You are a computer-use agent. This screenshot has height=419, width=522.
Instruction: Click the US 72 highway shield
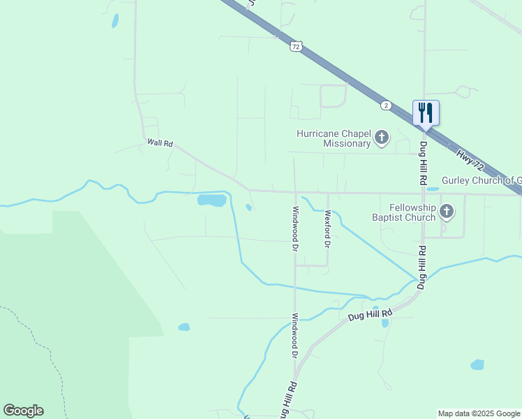[x=296, y=46]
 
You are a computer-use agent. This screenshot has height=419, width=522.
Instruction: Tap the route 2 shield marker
[x=386, y=105]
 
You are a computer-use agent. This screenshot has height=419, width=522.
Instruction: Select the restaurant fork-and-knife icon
[x=426, y=112]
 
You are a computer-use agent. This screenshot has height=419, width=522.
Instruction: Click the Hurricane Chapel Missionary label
[x=333, y=138]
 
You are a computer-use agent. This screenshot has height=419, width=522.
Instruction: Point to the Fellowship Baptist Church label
[x=403, y=212]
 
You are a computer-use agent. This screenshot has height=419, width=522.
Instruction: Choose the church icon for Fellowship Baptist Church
[x=447, y=211]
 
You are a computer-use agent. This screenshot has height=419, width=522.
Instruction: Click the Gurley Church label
[x=481, y=180]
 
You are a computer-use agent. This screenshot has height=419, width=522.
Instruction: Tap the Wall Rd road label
[x=160, y=142]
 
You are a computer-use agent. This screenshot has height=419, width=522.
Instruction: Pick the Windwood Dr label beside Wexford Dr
[x=295, y=229]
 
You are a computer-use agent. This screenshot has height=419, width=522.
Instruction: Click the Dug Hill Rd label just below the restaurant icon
[x=423, y=162]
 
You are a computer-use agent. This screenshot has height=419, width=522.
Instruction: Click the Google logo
[x=23, y=411]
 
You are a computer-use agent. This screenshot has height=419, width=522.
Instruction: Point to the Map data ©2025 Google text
[x=478, y=413]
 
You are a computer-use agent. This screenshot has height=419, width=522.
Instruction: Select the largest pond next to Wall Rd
[x=211, y=200]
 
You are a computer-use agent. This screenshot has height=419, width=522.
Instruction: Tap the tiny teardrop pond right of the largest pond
[x=248, y=207]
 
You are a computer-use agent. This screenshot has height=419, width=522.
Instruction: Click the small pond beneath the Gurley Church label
[x=433, y=189]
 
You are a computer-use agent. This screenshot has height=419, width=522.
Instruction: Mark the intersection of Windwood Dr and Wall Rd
[x=294, y=191]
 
